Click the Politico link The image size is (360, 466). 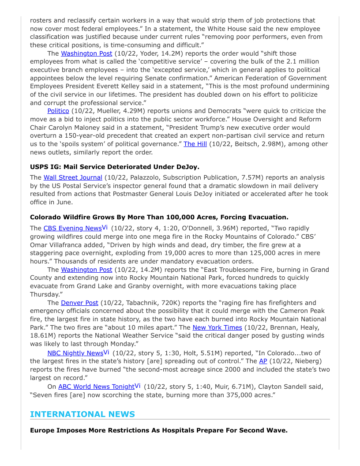(58, 111)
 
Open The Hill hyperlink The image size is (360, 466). (195, 144)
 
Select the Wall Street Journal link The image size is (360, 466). (73, 177)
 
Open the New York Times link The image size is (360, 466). (217, 327)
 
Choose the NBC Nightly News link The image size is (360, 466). (75, 353)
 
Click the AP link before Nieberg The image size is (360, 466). (263, 361)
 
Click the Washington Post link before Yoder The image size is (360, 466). (86, 53)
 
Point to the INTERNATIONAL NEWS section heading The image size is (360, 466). (82, 414)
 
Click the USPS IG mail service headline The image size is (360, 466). (115, 167)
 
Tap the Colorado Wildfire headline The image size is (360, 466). (159, 217)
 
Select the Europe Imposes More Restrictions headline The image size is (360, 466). (159, 430)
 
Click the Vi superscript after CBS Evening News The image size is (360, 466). (105, 227)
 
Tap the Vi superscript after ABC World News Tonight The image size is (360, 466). (138, 386)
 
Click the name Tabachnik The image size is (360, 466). (142, 303)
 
